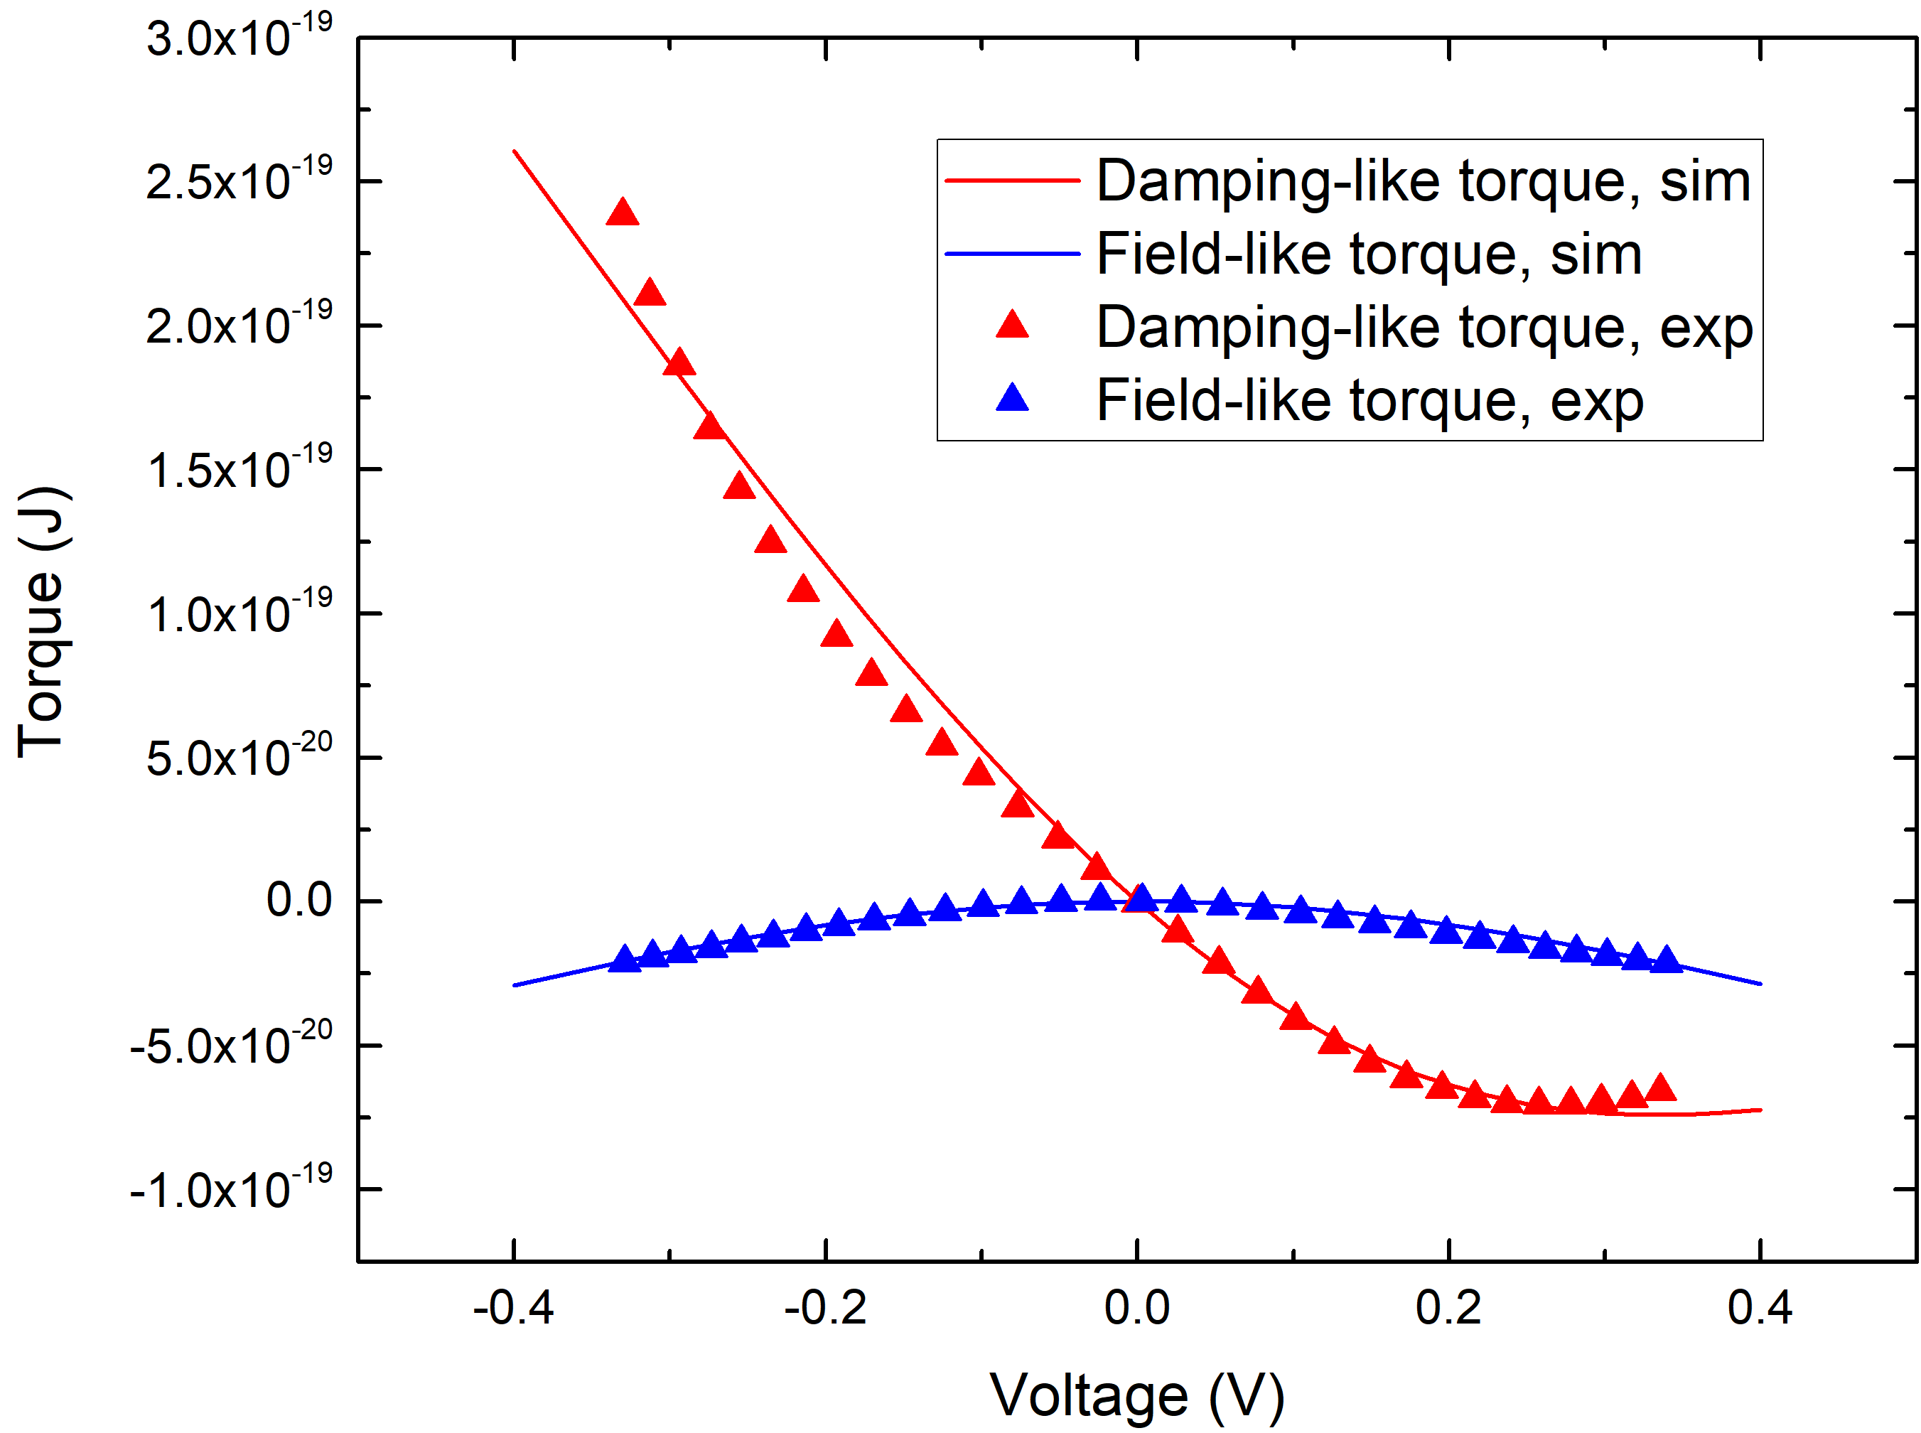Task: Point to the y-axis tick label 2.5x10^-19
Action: (239, 181)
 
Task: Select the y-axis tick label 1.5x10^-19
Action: (239, 469)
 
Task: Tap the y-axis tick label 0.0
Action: (298, 901)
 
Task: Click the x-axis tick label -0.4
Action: (512, 1307)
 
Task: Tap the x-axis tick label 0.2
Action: (1448, 1307)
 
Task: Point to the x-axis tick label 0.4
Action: (1759, 1307)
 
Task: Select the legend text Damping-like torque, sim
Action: (1422, 181)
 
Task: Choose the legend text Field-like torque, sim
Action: (1369, 254)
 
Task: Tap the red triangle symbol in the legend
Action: (1011, 326)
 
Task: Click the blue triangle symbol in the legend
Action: (1011, 399)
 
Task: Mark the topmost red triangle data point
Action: (622, 213)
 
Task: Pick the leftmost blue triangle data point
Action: (623, 960)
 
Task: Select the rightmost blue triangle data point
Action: (1665, 960)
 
